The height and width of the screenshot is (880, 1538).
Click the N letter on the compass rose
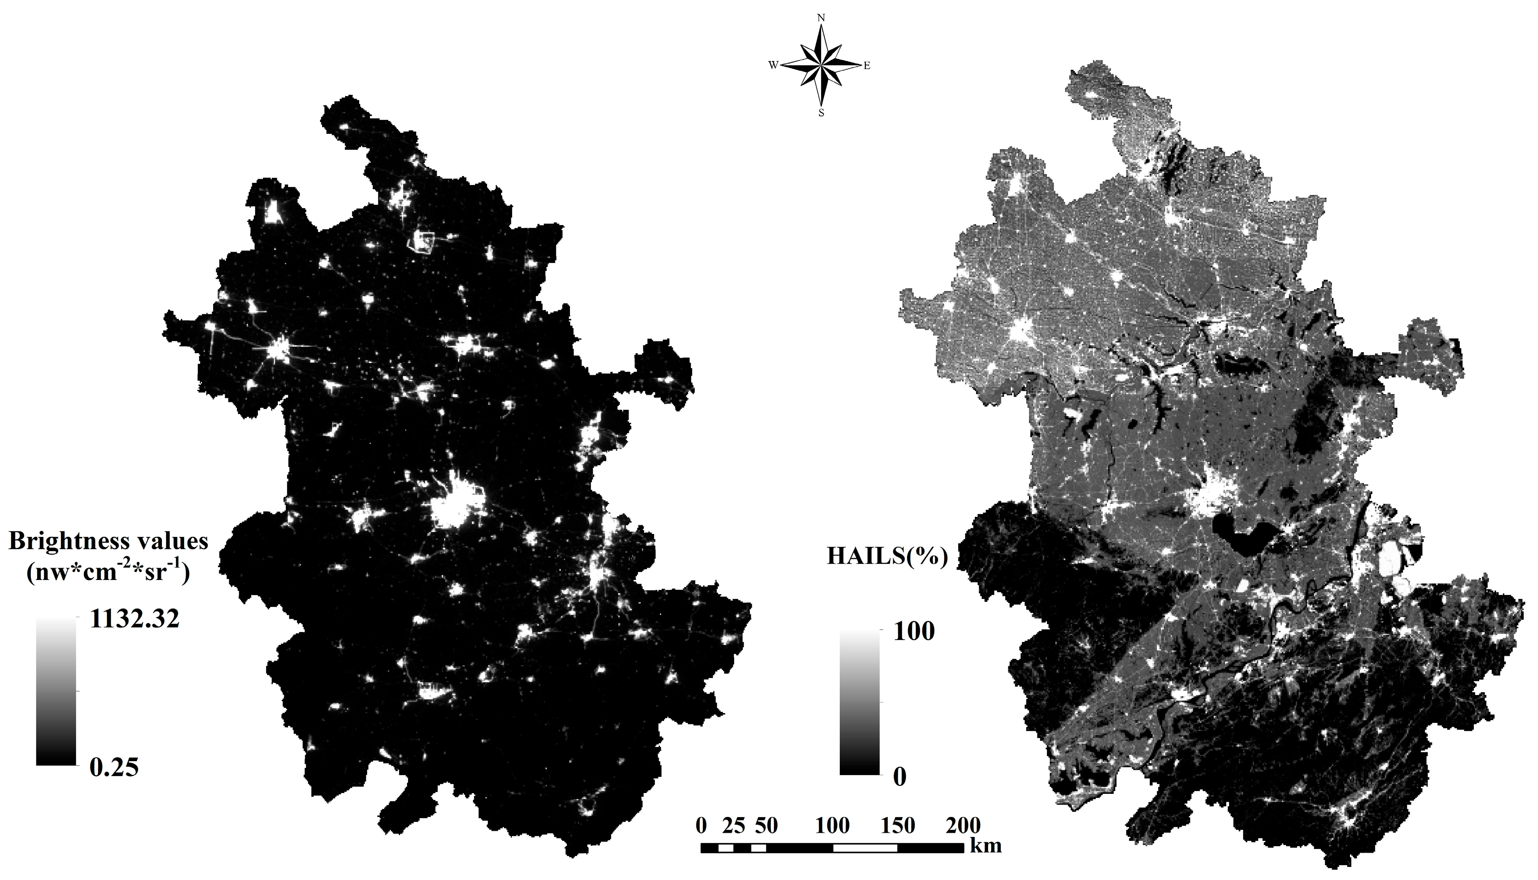[821, 18]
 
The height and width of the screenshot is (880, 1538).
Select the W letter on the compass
[773, 66]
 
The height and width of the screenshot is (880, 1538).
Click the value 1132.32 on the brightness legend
[134, 619]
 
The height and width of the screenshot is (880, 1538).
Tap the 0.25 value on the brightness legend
[114, 768]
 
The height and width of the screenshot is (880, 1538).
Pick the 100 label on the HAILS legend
[914, 632]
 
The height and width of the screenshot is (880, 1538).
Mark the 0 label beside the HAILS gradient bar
[900, 777]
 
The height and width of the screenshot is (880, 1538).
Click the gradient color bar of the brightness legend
[56, 691]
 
